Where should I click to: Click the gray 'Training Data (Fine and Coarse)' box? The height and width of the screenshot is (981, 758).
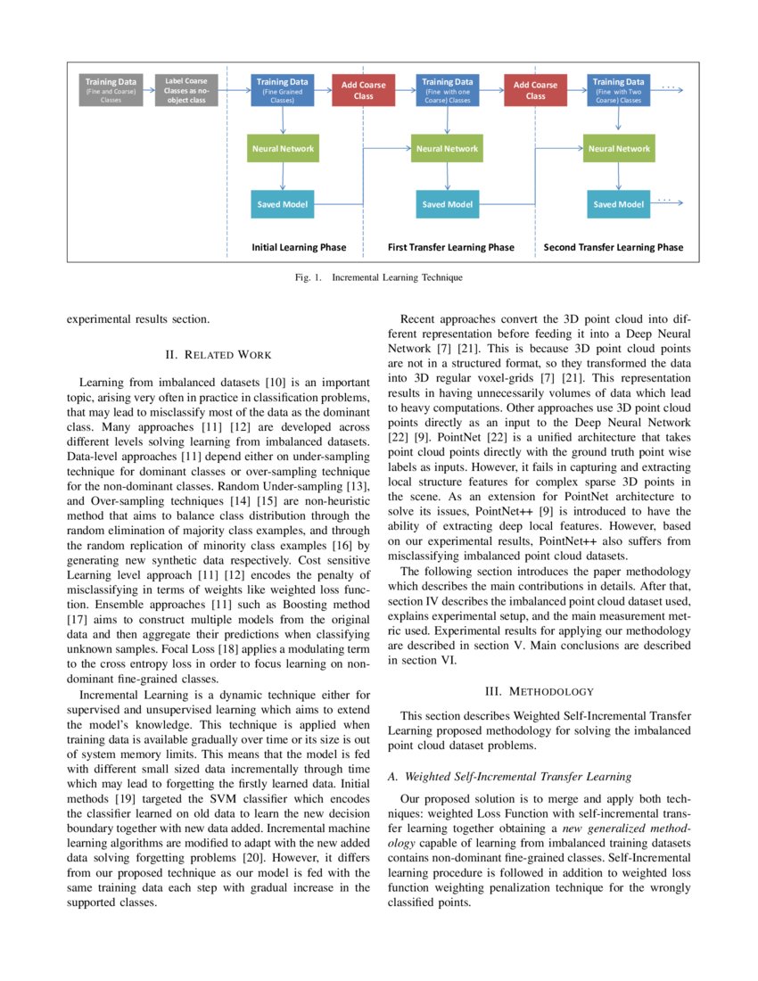click(110, 90)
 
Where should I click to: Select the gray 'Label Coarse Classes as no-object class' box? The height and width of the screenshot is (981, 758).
click(185, 90)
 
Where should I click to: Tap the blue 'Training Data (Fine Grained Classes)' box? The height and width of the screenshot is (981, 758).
click(282, 90)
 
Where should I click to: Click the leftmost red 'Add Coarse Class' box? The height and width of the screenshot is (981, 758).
click(364, 90)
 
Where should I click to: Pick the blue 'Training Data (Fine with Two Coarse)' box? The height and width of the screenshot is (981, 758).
click(619, 90)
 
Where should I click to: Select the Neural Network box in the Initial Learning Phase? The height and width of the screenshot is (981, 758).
click(282, 148)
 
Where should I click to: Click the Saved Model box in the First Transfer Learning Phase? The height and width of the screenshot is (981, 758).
click(447, 204)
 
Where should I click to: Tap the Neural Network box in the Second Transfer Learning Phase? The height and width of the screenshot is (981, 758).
click(619, 148)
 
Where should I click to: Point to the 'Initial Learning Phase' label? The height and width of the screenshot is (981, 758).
click(299, 247)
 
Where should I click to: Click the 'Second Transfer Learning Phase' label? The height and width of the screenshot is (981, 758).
click(614, 247)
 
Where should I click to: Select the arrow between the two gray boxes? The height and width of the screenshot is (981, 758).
click(148, 90)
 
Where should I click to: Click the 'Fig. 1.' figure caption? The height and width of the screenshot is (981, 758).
click(379, 278)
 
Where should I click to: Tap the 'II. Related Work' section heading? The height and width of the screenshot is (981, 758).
click(218, 355)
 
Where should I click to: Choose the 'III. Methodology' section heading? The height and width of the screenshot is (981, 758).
click(539, 690)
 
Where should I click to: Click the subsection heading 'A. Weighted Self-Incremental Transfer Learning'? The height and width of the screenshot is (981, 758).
click(509, 777)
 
